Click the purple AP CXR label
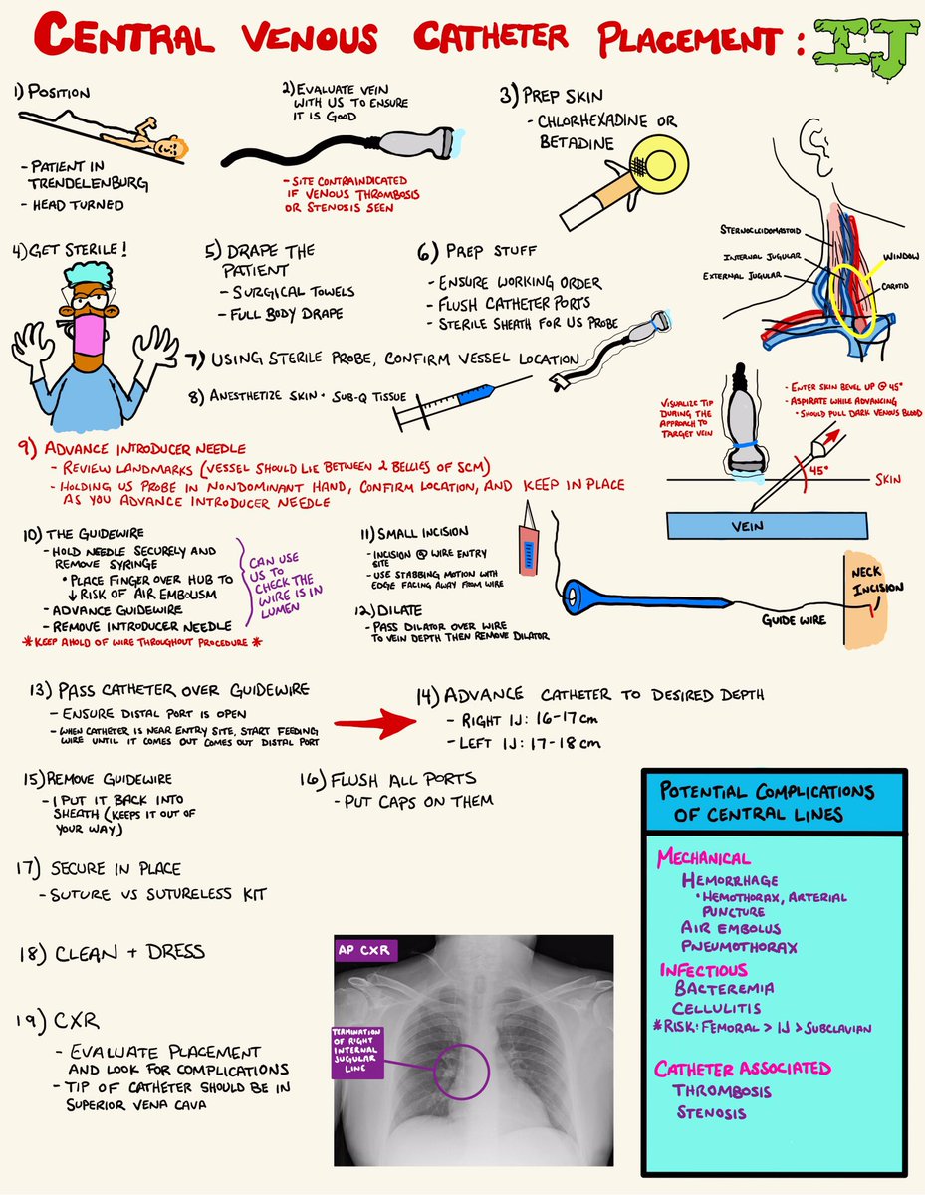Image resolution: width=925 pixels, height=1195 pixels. (366, 950)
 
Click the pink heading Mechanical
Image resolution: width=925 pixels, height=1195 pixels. (703, 858)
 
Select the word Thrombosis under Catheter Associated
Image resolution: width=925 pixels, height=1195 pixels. (722, 1090)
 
